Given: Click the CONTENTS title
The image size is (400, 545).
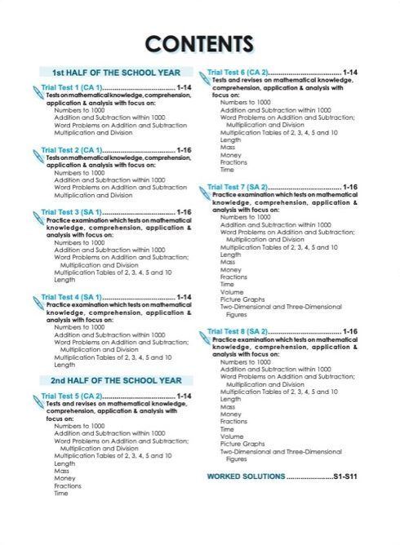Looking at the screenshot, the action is pyautogui.click(x=199, y=42).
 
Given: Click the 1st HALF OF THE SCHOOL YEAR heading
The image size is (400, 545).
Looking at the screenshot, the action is pyautogui.click(x=116, y=72).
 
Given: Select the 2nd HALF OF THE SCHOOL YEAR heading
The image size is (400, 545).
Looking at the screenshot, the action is pyautogui.click(x=116, y=380).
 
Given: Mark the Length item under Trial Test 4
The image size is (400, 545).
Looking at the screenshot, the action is pyautogui.click(x=64, y=365).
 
